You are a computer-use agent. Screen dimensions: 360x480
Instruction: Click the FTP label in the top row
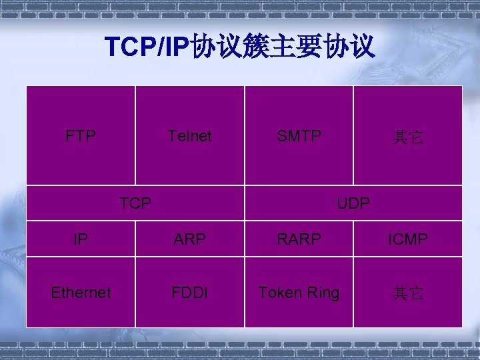tap(81, 137)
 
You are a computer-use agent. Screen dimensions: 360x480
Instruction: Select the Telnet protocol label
tap(190, 137)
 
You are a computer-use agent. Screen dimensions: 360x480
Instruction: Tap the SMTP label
tap(299, 137)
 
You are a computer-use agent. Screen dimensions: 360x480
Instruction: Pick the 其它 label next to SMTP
tap(407, 138)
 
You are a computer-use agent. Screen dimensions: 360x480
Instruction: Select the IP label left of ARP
tap(81, 239)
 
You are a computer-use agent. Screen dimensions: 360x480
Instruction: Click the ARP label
tap(190, 239)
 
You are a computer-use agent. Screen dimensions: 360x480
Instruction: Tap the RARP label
tap(299, 239)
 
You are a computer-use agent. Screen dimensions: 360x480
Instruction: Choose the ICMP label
tap(407, 239)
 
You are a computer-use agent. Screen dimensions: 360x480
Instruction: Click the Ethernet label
tap(81, 293)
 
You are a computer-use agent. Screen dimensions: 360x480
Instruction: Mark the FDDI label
tap(190, 293)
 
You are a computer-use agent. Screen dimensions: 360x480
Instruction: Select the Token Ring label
tap(299, 293)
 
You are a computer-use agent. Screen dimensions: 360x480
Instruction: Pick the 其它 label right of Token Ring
tap(407, 293)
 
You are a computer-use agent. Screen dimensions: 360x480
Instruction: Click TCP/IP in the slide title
tap(147, 47)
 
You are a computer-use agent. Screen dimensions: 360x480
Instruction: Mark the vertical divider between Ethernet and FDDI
tap(135, 292)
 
